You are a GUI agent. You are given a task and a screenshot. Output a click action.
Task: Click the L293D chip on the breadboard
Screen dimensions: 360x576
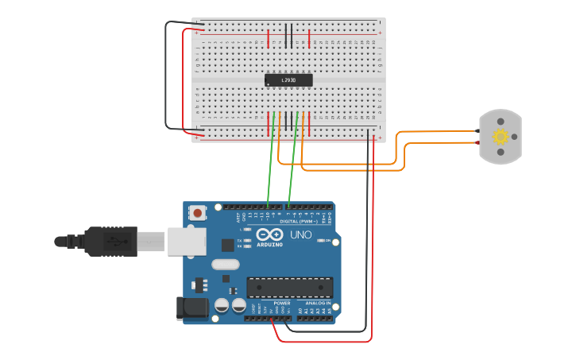click(x=288, y=79)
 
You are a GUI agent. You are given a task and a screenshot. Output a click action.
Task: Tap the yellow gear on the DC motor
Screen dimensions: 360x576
click(x=501, y=136)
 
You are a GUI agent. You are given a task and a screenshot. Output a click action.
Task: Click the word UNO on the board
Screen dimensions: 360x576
click(x=300, y=235)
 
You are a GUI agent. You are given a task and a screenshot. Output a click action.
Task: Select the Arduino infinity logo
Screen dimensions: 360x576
click(x=269, y=235)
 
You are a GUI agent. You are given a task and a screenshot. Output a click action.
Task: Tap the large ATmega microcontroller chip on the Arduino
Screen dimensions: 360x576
click(x=289, y=287)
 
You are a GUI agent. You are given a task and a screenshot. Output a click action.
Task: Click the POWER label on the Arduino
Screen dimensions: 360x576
click(x=282, y=303)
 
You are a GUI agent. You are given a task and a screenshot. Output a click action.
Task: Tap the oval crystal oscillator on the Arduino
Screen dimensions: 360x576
click(x=225, y=264)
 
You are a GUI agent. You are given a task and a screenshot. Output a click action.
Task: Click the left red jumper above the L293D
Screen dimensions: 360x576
click(x=269, y=38)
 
